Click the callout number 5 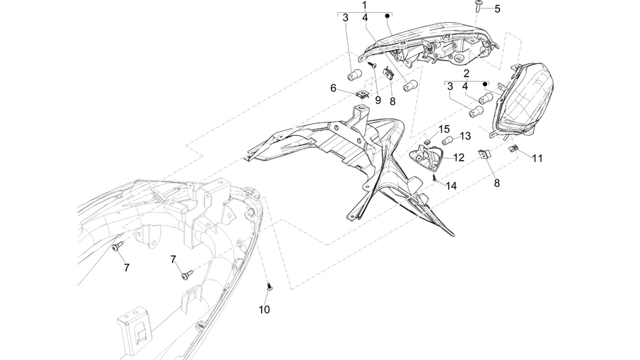click(x=497, y=9)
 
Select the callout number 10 click(x=264, y=309)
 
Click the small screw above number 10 click(x=270, y=287)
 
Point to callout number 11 click(x=537, y=159)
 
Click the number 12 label click(x=459, y=157)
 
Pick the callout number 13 click(x=465, y=136)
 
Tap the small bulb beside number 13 click(x=447, y=141)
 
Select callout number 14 click(x=451, y=186)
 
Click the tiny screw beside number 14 click(x=435, y=177)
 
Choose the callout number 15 click(x=444, y=129)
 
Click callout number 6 click(x=333, y=88)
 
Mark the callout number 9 click(x=378, y=100)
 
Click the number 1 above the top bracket click(x=364, y=5)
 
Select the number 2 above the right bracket click(x=466, y=73)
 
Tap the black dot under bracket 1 click(x=388, y=16)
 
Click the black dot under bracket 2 click(x=485, y=84)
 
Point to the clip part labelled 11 click(x=513, y=148)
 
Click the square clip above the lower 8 click(x=484, y=154)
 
